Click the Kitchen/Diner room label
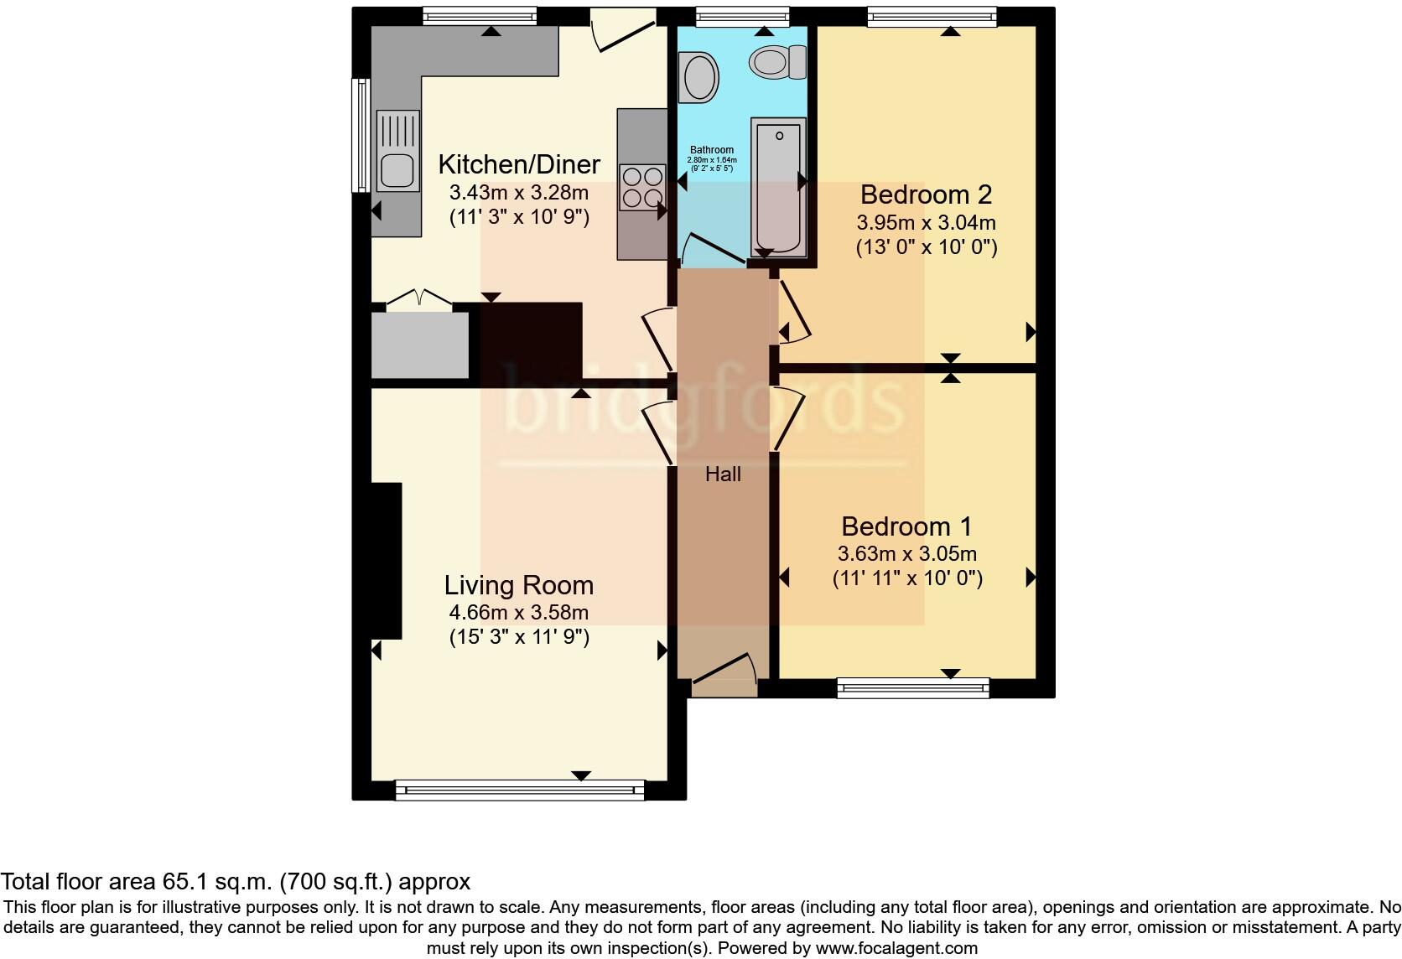click(519, 163)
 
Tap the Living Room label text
click(518, 585)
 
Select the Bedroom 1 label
click(906, 526)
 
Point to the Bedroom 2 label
click(926, 194)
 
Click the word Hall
click(723, 474)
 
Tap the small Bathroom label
click(712, 150)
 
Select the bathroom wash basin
click(700, 77)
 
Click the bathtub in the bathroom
click(778, 186)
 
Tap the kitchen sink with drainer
click(397, 152)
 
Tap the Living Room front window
click(520, 789)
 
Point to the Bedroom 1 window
click(913, 688)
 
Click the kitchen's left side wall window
click(361, 134)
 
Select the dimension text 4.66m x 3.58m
click(518, 612)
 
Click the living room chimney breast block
click(387, 561)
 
